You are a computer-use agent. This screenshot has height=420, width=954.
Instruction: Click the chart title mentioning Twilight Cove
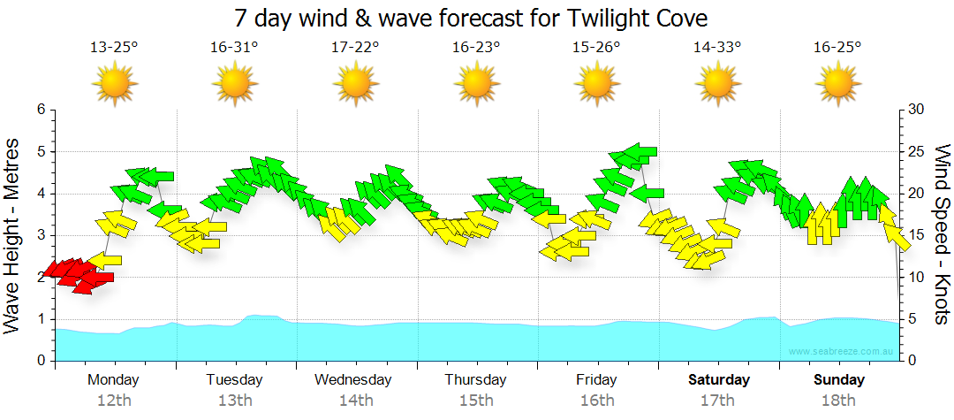pyautogui.click(x=472, y=18)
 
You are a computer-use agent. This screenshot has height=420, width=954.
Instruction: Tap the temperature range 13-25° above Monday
pyautogui.click(x=114, y=48)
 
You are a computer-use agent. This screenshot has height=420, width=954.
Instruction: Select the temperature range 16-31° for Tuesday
pyautogui.click(x=234, y=48)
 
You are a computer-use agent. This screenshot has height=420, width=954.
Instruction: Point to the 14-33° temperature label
pyautogui.click(x=717, y=48)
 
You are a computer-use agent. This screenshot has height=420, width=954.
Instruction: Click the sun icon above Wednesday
pyautogui.click(x=355, y=84)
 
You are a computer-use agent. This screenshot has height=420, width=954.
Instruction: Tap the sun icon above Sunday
pyautogui.click(x=837, y=84)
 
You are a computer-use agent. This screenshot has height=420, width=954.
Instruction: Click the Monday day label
pyautogui.click(x=113, y=380)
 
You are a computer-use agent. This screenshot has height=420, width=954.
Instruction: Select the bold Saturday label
pyautogui.click(x=718, y=380)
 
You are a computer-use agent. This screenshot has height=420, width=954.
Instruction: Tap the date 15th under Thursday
pyautogui.click(x=476, y=401)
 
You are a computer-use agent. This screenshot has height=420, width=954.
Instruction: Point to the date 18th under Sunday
pyautogui.click(x=839, y=401)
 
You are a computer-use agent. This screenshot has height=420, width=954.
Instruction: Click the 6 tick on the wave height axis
pyautogui.click(x=40, y=110)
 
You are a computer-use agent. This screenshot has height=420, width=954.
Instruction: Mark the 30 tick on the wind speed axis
pyautogui.click(x=916, y=110)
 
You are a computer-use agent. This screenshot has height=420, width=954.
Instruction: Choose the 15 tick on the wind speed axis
pyautogui.click(x=916, y=235)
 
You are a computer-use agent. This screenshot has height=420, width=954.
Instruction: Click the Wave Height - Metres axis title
pyautogui.click(x=13, y=235)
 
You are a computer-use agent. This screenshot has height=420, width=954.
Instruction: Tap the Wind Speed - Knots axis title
pyautogui.click(x=942, y=235)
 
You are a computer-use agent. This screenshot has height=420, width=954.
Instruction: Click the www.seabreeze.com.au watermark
pyautogui.click(x=842, y=352)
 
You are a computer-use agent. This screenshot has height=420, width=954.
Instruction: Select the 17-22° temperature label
pyautogui.click(x=355, y=48)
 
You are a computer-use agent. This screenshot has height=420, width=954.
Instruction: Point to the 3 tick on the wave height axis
pyautogui.click(x=40, y=235)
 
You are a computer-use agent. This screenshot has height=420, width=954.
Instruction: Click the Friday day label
pyautogui.click(x=597, y=380)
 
